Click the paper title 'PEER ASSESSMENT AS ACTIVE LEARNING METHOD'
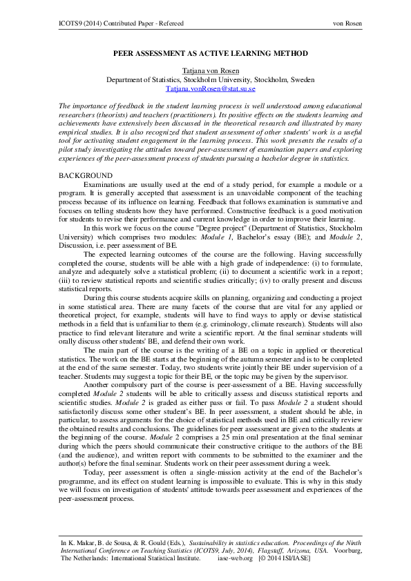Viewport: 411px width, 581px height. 205,53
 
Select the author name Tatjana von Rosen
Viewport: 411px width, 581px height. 205,70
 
